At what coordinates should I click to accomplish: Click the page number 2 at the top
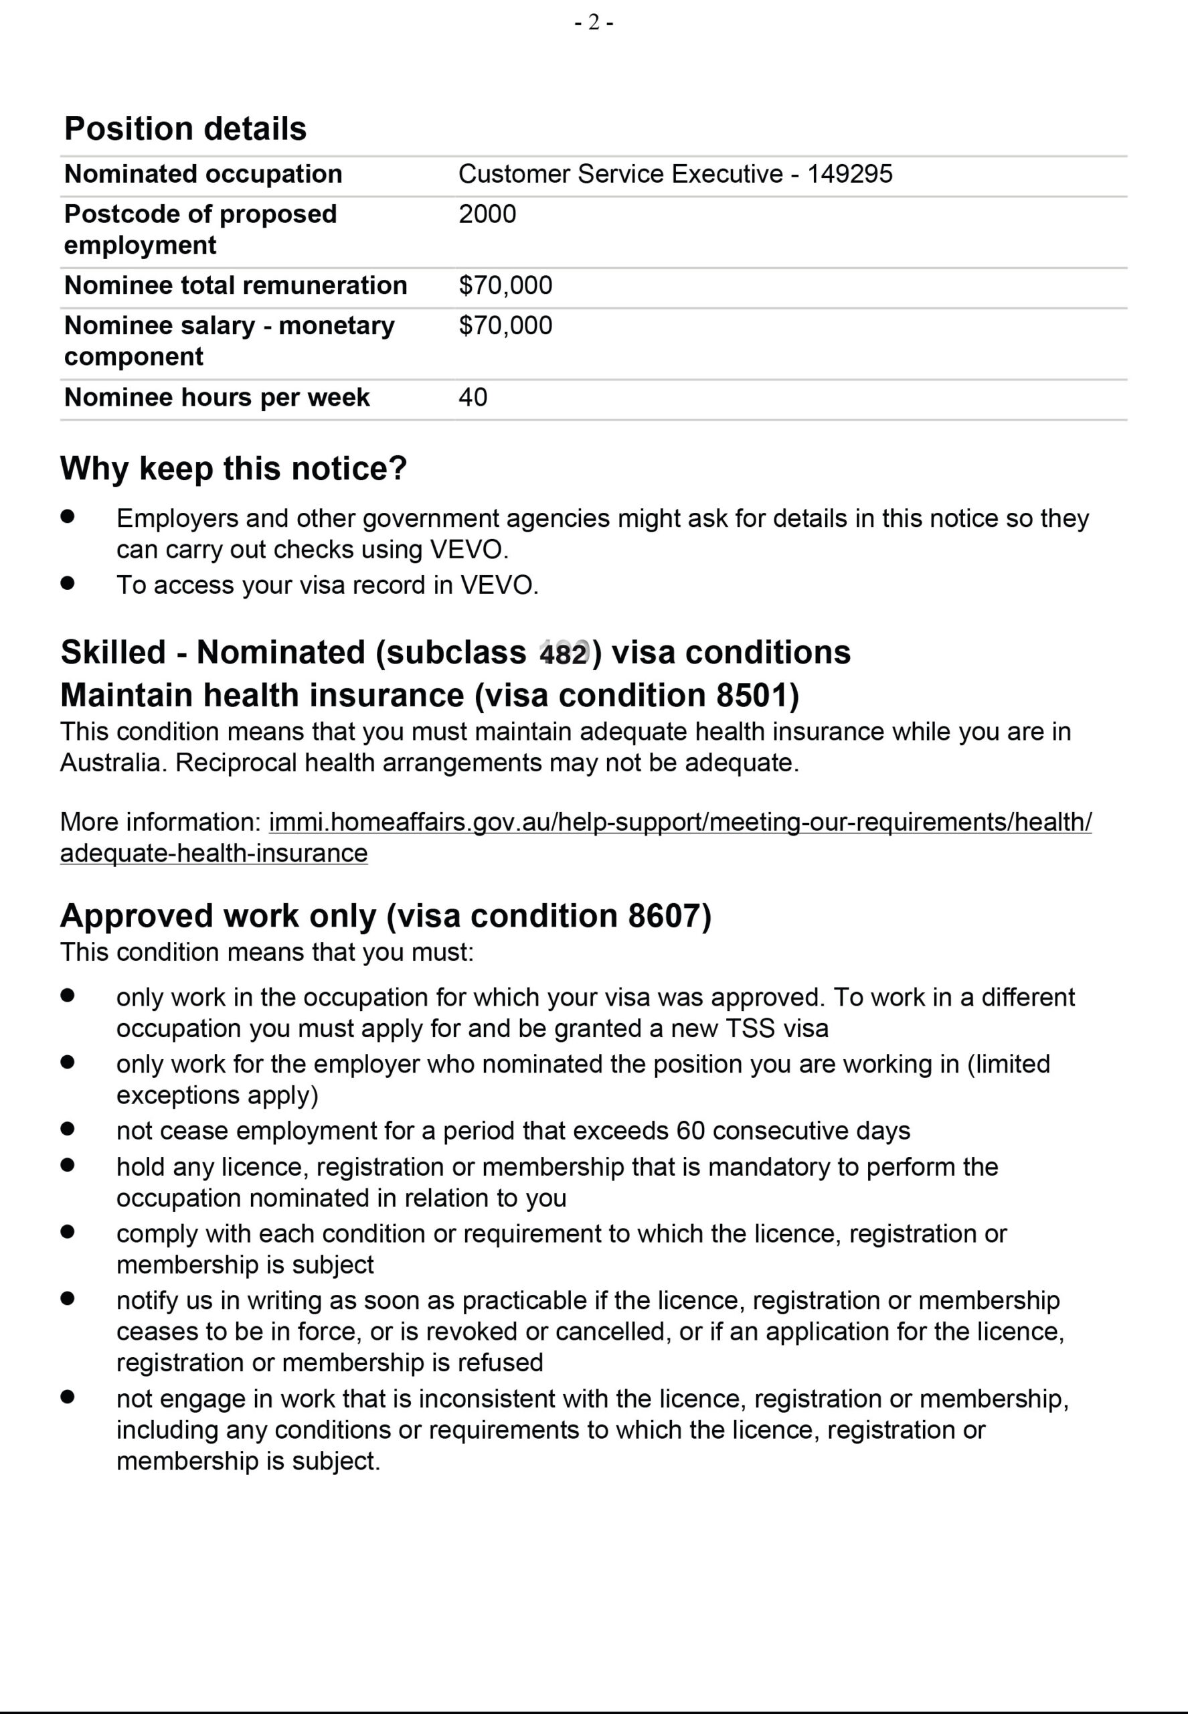(593, 23)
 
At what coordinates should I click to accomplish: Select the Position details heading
(185, 129)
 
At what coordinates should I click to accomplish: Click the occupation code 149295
(849, 174)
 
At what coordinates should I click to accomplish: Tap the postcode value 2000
(487, 214)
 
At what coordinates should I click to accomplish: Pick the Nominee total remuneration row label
(235, 285)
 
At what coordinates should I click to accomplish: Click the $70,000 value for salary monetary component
(505, 325)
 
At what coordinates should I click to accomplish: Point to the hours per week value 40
(473, 397)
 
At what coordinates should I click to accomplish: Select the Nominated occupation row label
(203, 174)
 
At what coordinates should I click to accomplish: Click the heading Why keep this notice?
(233, 468)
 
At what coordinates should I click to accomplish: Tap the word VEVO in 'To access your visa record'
(498, 585)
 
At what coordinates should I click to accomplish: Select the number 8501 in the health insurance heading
(752, 696)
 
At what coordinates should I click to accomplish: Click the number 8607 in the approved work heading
(664, 916)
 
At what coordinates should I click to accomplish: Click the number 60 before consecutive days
(690, 1131)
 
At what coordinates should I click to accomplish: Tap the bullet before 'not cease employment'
(68, 1129)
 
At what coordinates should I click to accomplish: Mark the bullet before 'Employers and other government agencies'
(68, 517)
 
